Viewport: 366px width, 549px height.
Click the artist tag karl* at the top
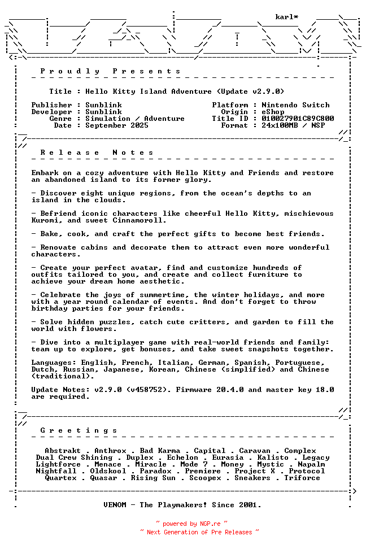coord(287,17)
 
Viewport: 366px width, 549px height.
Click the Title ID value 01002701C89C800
coord(298,119)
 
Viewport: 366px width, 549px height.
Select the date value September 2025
coord(117,125)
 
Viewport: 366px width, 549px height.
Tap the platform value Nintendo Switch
coord(295,105)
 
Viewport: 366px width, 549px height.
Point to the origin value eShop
coord(273,112)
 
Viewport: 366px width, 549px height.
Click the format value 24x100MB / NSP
coord(293,125)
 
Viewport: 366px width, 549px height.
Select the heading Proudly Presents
coord(110,71)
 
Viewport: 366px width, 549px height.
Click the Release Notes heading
coord(97,152)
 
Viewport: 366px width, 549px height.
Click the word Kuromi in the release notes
coord(45,220)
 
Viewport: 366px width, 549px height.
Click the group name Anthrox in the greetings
coord(110,451)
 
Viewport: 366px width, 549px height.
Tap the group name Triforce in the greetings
coord(302,478)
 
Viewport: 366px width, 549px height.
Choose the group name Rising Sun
coord(153,478)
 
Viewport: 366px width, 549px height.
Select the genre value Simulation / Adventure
coord(135,119)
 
